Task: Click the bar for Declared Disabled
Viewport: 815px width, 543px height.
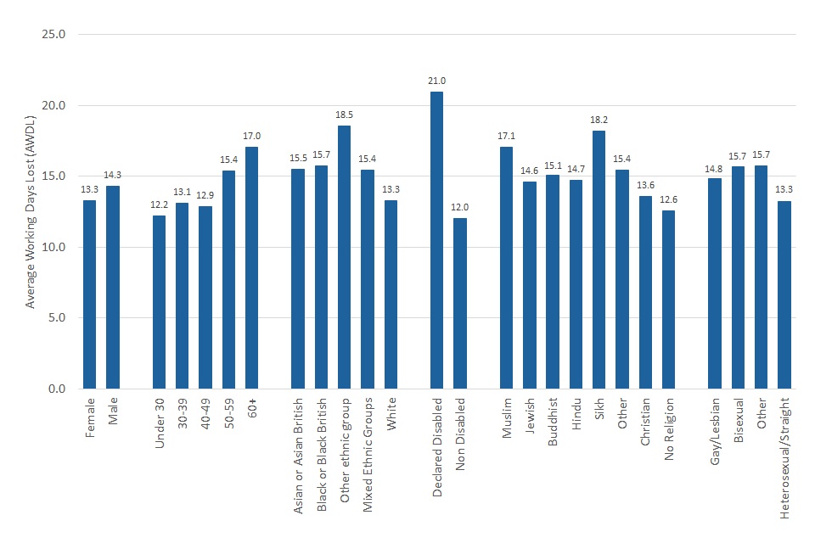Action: click(436, 240)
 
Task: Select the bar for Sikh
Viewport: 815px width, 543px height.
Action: click(599, 260)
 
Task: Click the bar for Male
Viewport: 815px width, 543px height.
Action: click(113, 287)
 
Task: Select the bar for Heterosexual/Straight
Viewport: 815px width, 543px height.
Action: click(784, 294)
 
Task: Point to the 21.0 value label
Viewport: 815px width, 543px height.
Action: click(436, 81)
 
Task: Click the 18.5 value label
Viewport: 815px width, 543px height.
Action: click(344, 115)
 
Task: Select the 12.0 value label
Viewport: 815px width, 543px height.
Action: click(460, 207)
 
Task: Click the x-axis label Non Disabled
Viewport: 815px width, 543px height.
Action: click(461, 429)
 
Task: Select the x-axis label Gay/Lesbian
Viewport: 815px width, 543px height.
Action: click(715, 429)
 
